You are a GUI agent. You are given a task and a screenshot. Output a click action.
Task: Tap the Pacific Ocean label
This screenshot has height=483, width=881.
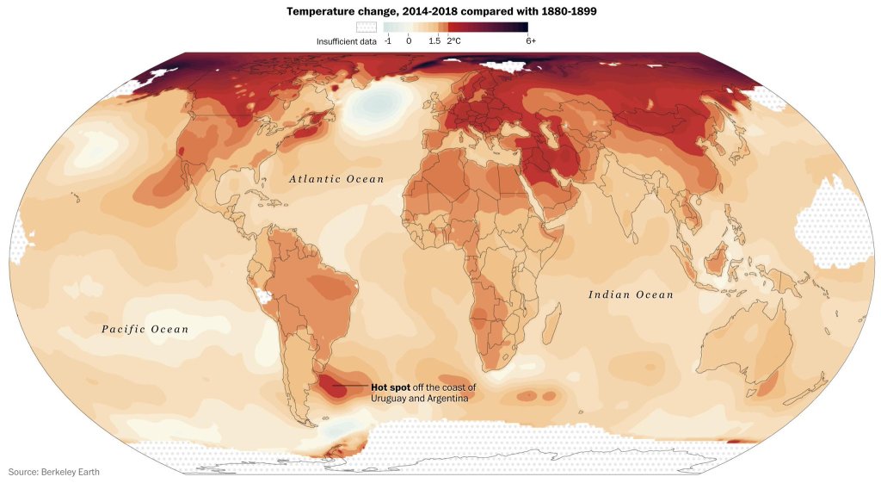[145, 329]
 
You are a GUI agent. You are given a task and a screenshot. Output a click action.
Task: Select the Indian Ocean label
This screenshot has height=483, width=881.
[631, 295]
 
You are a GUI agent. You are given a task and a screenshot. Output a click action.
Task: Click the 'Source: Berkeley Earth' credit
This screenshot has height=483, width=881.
[60, 471]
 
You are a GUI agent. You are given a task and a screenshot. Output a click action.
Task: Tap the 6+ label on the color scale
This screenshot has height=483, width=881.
[531, 40]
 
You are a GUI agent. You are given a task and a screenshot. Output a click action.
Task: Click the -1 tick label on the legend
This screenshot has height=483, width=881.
[388, 40]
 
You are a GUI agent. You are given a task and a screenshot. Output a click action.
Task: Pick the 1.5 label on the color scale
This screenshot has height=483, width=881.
[434, 40]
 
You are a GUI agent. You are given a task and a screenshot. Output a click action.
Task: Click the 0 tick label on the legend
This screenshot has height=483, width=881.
[409, 40]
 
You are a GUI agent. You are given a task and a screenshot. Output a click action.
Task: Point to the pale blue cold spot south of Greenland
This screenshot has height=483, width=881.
[376, 108]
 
